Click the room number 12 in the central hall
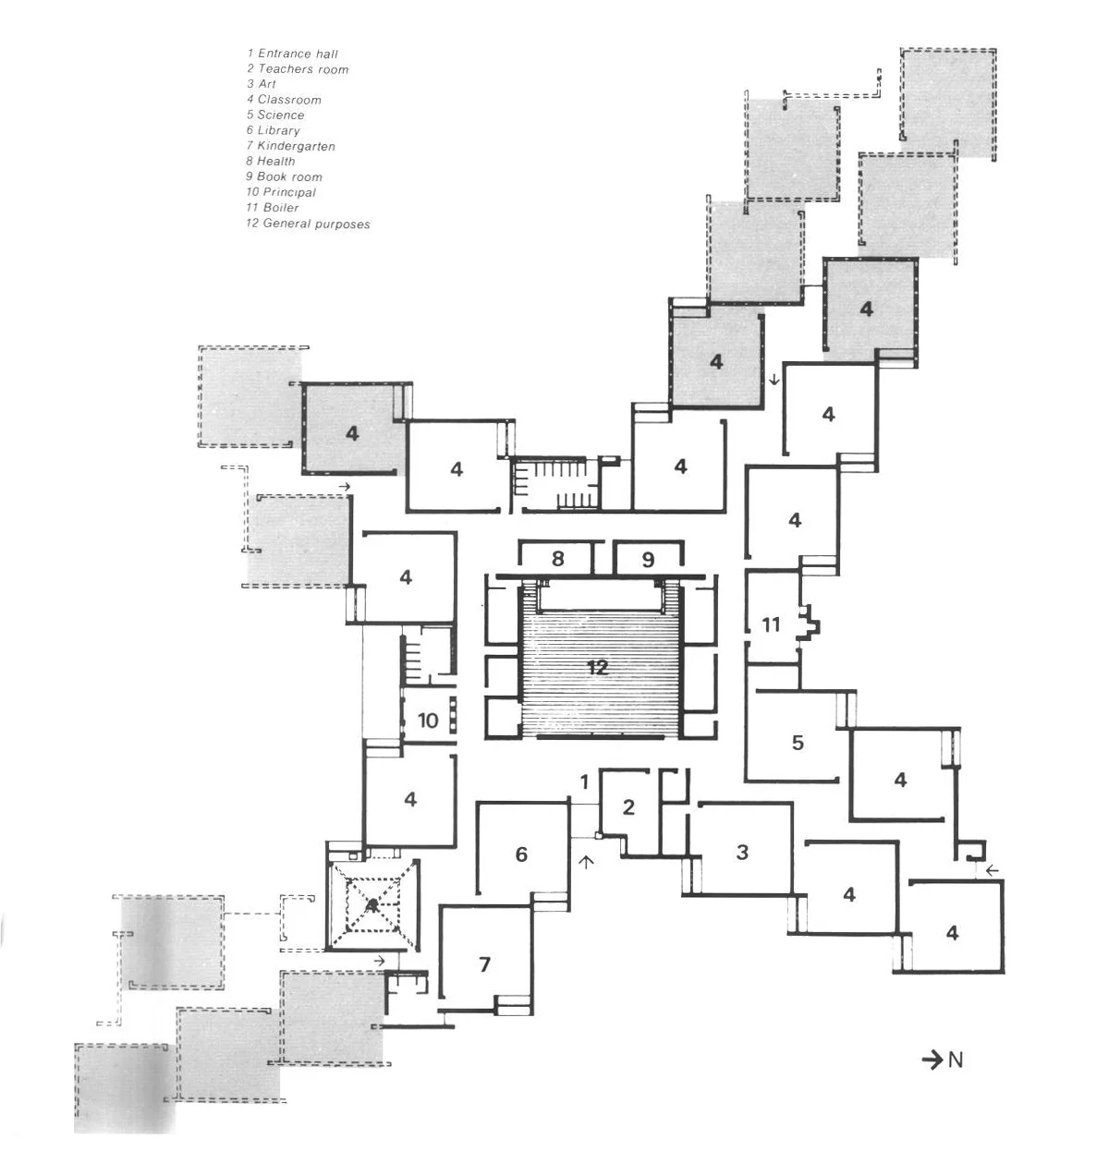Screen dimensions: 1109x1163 click(x=597, y=667)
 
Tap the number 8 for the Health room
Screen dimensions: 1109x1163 click(x=557, y=559)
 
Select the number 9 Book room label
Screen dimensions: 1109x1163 click(x=648, y=559)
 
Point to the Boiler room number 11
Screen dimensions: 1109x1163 click(x=771, y=625)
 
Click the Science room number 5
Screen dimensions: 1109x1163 click(x=798, y=742)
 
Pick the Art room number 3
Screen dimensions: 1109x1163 click(x=742, y=852)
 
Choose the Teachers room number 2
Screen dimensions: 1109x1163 click(x=628, y=807)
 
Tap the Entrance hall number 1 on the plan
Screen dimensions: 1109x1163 click(x=584, y=782)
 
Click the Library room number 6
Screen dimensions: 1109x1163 click(x=521, y=854)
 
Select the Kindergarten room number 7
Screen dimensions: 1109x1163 click(x=485, y=964)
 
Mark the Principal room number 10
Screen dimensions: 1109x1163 click(x=427, y=721)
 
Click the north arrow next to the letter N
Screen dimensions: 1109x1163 click(x=932, y=1060)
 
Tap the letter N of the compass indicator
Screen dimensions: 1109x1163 click(x=956, y=1060)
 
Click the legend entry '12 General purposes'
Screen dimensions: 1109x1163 click(x=308, y=224)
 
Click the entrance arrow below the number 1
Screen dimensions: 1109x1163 click(x=584, y=862)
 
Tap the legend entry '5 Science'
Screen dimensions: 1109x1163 click(x=274, y=115)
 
